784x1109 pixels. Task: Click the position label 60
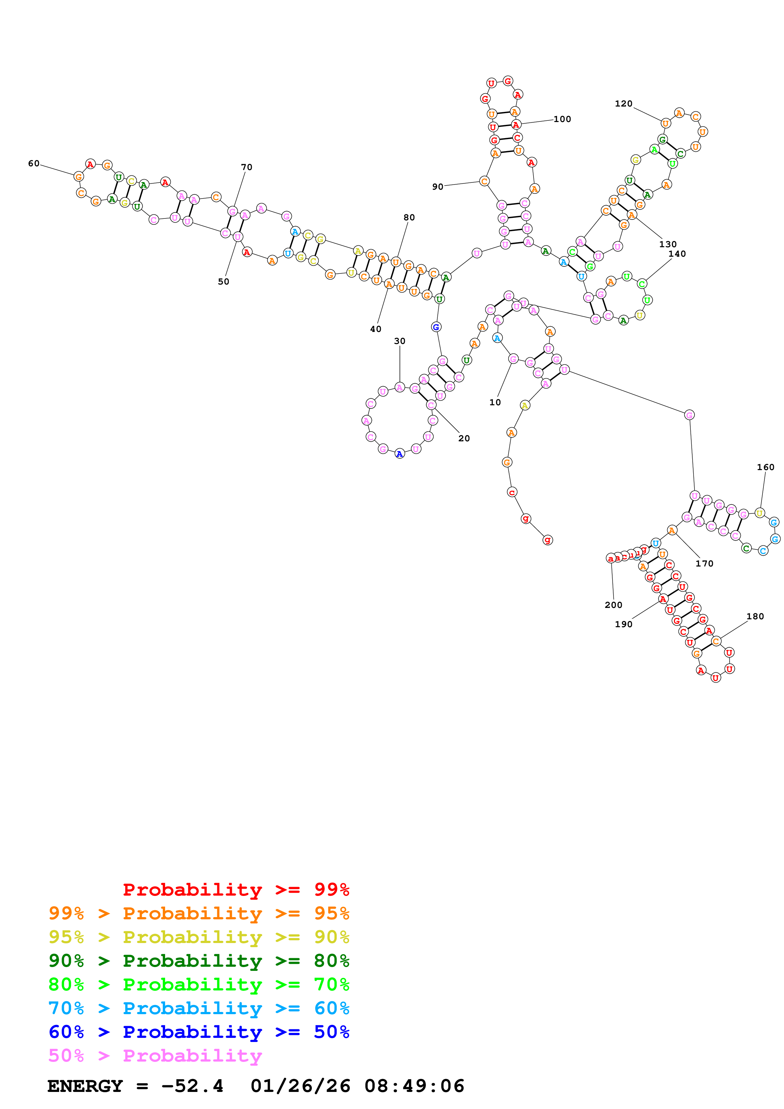(34, 163)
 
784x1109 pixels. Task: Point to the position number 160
(765, 467)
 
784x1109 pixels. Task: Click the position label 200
(614, 605)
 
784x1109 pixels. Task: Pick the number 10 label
(495, 402)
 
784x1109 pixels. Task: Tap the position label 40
(376, 329)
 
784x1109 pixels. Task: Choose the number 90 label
(438, 187)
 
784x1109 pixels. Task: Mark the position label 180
(755, 616)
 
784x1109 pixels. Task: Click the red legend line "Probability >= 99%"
(236, 889)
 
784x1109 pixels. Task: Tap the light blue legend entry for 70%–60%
(199, 1008)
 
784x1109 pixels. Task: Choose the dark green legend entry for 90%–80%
(199, 961)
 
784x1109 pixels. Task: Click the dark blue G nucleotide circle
(436, 327)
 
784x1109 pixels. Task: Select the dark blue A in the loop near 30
(399, 454)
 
